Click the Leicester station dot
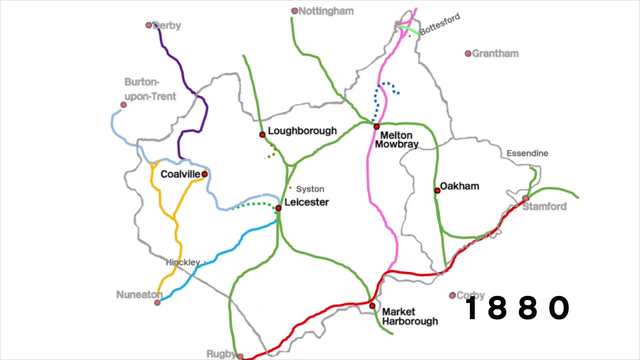point(278,208)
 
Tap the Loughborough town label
point(302,131)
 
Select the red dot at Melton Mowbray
point(376,126)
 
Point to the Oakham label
point(459,186)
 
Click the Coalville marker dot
point(204,174)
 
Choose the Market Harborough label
point(409,316)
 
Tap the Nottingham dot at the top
point(294,10)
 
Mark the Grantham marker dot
point(468,53)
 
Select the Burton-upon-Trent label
point(150,89)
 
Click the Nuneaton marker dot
point(157,302)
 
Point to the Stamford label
point(544,206)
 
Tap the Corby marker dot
point(452,295)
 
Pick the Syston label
point(310,189)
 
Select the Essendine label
point(527,153)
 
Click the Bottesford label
point(440,24)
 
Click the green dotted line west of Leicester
point(252,204)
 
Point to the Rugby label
point(220,354)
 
